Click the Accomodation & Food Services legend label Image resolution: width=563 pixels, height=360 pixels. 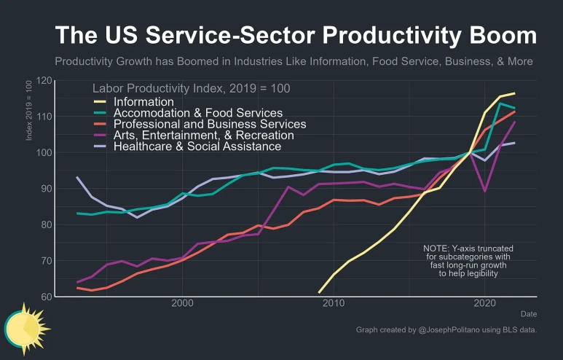tap(198, 113)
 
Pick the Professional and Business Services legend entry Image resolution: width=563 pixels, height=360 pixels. tap(210, 124)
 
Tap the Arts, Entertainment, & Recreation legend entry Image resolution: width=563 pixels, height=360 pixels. tap(204, 135)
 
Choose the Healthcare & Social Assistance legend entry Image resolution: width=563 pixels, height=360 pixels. tap(197, 146)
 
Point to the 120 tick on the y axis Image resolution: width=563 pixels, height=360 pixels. tap(45, 80)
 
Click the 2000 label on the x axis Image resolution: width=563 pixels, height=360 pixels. tap(182, 303)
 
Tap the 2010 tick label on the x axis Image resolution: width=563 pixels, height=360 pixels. tap(334, 303)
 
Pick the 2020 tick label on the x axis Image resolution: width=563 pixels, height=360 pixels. tap(484, 303)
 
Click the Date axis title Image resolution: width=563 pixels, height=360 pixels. tap(529, 313)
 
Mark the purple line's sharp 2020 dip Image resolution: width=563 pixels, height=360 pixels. tap(484, 191)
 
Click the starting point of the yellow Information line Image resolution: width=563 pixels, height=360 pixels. tap(319, 292)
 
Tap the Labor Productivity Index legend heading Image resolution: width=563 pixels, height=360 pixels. tap(191, 88)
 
